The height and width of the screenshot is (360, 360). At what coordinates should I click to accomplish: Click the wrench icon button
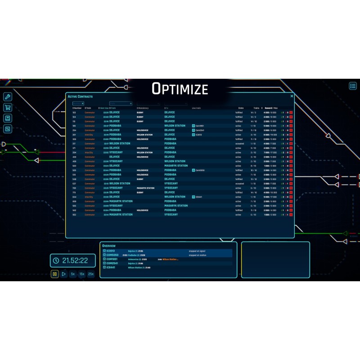(x=7, y=97)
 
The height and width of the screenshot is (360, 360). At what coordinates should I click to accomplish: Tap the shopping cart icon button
(x=7, y=108)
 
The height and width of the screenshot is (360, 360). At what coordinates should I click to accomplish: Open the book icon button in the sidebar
(x=7, y=118)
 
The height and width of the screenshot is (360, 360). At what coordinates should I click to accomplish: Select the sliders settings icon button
(x=7, y=129)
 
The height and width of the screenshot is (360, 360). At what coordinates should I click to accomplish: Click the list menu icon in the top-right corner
(x=353, y=85)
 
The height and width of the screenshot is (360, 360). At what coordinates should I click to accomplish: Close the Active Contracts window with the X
(x=292, y=96)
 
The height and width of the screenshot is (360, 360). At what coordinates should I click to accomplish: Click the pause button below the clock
(x=54, y=274)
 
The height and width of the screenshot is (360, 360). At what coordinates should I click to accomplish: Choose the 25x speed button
(x=91, y=274)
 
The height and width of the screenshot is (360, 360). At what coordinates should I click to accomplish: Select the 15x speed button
(x=82, y=274)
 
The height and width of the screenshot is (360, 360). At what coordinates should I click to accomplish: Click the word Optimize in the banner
(x=180, y=89)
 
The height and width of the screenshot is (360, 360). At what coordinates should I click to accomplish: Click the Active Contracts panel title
(x=80, y=97)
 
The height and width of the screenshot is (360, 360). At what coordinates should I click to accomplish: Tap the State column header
(x=241, y=108)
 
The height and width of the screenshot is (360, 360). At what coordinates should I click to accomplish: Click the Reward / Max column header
(x=272, y=108)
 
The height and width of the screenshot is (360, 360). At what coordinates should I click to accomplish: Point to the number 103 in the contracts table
(x=74, y=112)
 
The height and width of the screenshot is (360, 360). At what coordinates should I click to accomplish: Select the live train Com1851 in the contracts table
(x=199, y=126)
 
